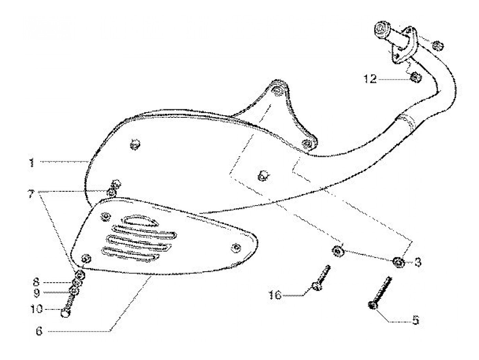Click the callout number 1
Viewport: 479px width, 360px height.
(x=32, y=163)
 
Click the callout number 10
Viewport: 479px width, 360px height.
(x=37, y=309)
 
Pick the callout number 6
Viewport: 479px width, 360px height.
(x=39, y=331)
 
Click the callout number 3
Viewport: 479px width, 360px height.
(x=418, y=262)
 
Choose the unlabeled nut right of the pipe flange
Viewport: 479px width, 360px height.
(x=437, y=45)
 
